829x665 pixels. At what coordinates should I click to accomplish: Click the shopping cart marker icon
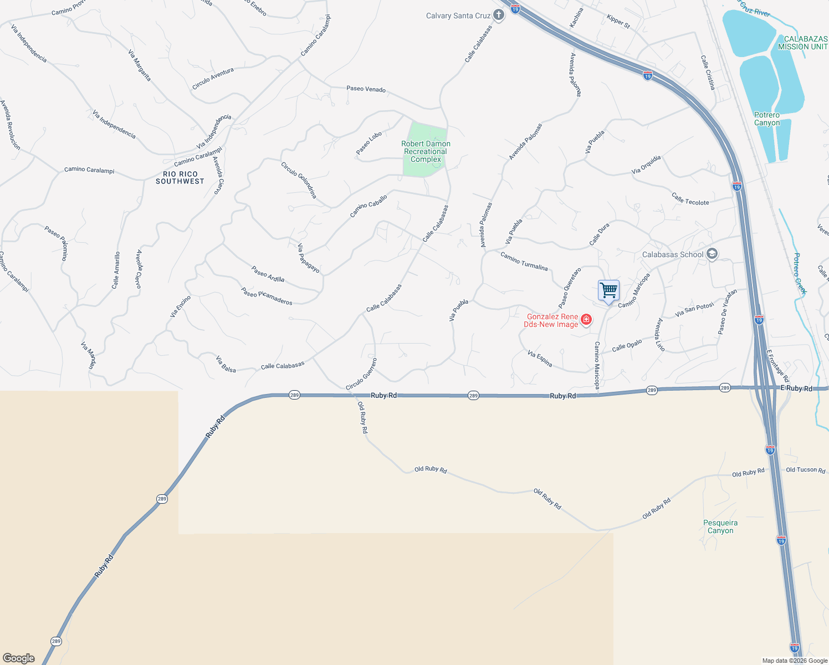pos(608,290)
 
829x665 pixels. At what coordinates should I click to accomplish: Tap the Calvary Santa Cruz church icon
pos(499,15)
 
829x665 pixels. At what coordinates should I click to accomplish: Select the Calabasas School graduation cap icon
pos(712,254)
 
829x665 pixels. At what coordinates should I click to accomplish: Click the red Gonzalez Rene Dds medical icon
pos(586,320)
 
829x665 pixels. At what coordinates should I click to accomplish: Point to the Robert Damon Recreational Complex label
pos(426,151)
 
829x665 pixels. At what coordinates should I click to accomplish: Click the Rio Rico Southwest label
pos(180,177)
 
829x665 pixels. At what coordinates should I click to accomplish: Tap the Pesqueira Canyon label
pos(720,526)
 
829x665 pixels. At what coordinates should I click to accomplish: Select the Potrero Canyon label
pos(767,119)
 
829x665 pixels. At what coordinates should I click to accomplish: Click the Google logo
pos(19,658)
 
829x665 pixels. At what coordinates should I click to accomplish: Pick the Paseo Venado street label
pos(366,89)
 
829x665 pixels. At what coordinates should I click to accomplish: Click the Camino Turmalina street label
pos(524,261)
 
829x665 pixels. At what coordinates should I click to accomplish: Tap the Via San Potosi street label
pos(694,310)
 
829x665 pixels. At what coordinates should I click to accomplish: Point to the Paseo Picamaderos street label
pos(267,296)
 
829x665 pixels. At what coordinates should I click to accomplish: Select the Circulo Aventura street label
pos(213,79)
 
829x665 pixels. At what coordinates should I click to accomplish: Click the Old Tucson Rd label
pos(805,470)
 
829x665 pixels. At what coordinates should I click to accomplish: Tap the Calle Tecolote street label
pos(690,199)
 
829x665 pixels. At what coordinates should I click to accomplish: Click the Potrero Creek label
pos(800,273)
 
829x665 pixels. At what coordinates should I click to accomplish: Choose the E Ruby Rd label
pos(796,388)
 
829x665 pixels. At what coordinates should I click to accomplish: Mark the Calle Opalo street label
pos(627,346)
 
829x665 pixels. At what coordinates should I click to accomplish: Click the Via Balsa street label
pos(226,364)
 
